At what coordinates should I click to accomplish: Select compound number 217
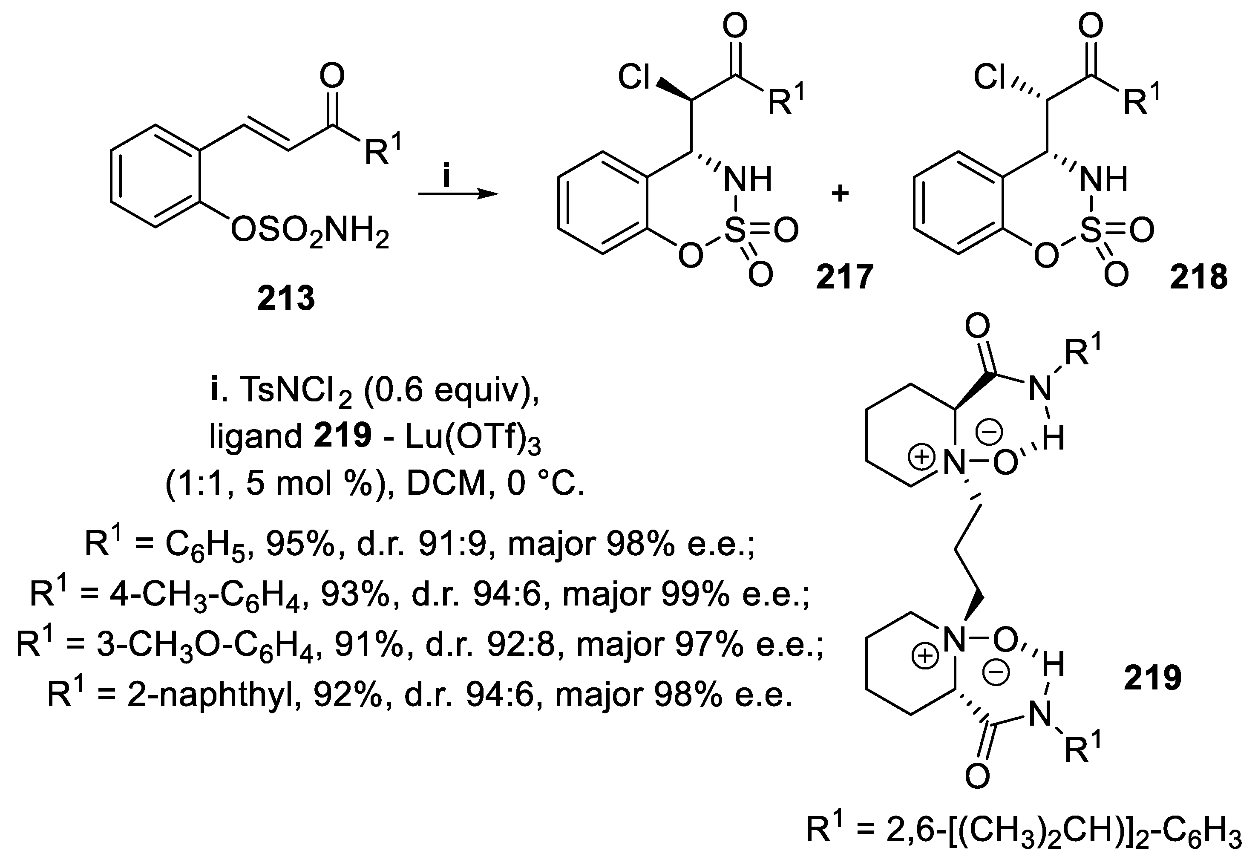coord(844,277)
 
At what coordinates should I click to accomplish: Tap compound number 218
coord(1199,277)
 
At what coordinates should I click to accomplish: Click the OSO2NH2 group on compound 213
coord(310,233)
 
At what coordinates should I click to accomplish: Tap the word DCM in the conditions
coord(446,483)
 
